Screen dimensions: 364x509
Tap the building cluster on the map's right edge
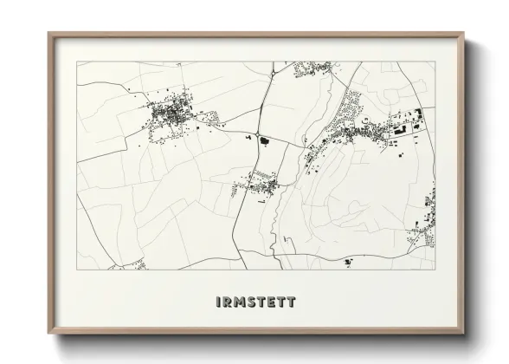click(x=428, y=208)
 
